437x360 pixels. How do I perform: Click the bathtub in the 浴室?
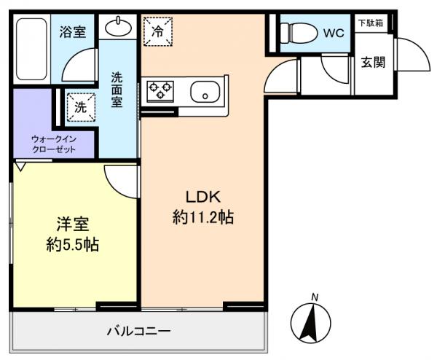click(31, 49)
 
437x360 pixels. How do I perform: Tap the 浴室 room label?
click(72, 32)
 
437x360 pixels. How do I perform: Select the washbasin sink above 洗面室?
click(118, 27)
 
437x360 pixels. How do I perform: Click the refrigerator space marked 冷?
click(158, 31)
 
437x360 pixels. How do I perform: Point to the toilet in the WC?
click(299, 33)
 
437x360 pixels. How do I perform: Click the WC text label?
click(334, 34)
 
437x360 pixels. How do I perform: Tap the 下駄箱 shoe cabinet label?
click(371, 23)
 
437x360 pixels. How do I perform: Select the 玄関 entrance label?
click(373, 62)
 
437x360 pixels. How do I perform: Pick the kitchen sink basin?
click(205, 92)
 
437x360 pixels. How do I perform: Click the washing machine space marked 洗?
click(81, 107)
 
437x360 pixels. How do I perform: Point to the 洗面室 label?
click(117, 90)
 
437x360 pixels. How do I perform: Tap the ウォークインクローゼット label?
click(54, 144)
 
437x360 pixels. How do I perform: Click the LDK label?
click(203, 197)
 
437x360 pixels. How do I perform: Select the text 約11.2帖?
click(203, 217)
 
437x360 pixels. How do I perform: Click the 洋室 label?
click(73, 224)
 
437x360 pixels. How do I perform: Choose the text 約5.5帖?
click(72, 245)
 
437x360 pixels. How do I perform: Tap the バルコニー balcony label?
click(139, 332)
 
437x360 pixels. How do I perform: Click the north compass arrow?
click(311, 324)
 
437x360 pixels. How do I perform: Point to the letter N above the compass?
click(315, 297)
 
